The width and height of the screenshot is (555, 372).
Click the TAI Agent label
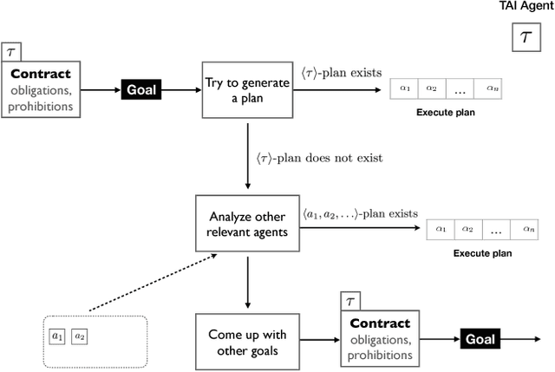tap(524, 7)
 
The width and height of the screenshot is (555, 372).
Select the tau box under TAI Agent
tap(525, 38)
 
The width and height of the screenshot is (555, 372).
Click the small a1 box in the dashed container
tap(57, 336)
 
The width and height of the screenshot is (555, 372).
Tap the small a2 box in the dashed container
tap(79, 336)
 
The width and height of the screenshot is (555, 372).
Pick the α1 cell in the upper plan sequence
tap(404, 88)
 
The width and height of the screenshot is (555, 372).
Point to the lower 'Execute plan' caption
tap(483, 254)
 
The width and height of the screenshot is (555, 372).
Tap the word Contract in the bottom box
tap(378, 323)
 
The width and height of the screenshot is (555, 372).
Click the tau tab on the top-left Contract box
tap(10, 51)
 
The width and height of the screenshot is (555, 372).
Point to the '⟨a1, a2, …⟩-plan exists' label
tap(360, 212)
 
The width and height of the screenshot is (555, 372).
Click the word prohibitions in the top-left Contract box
tap(42, 107)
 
